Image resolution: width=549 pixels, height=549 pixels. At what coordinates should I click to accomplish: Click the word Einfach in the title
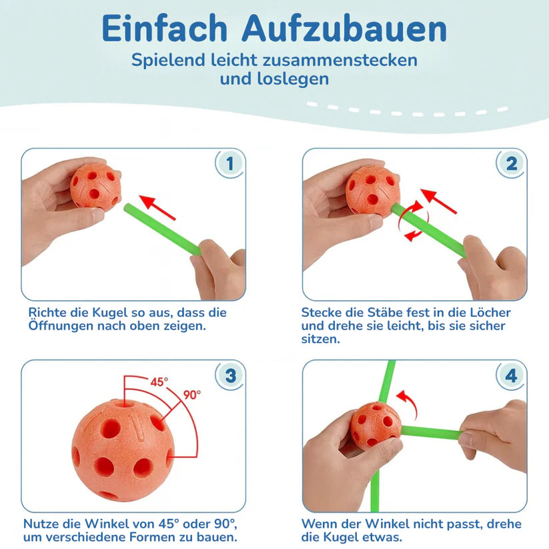(166, 29)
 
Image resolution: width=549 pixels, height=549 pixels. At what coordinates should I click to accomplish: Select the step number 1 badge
(230, 163)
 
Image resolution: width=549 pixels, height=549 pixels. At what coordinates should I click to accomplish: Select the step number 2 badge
(511, 163)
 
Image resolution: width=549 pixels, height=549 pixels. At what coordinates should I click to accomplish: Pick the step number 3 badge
(230, 376)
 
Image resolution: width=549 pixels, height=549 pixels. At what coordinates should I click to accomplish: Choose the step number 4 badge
(511, 376)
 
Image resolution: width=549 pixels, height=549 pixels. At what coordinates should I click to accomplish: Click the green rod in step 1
(161, 227)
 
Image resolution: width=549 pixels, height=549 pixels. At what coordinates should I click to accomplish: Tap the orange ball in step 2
(373, 190)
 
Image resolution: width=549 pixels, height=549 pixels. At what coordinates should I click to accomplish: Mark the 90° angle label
(191, 394)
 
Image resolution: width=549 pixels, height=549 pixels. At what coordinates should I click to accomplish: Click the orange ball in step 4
(376, 425)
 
